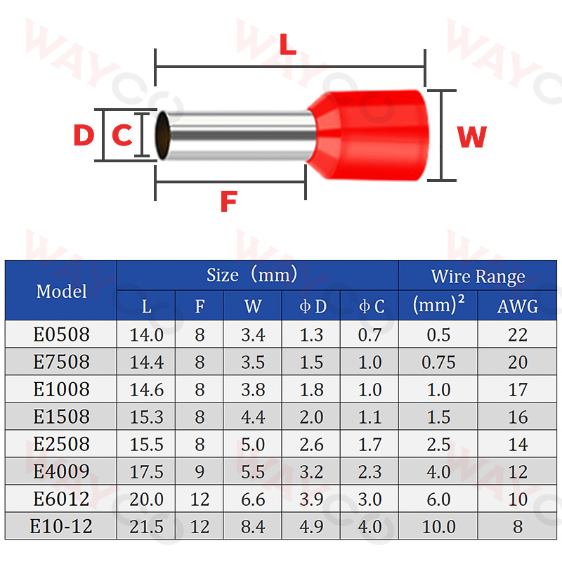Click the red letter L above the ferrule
288,44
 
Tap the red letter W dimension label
471,138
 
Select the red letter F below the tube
228,202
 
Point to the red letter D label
83,136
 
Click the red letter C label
122,136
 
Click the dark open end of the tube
162,136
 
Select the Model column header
61,291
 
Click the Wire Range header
478,276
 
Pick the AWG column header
517,306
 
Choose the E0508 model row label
61,334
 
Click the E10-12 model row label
61,526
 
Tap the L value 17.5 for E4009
146,471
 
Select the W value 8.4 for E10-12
253,526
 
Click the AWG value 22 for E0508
517,334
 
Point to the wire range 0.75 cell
438,362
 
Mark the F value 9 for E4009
200,471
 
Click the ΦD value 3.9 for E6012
311,499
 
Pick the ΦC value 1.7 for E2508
370,444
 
